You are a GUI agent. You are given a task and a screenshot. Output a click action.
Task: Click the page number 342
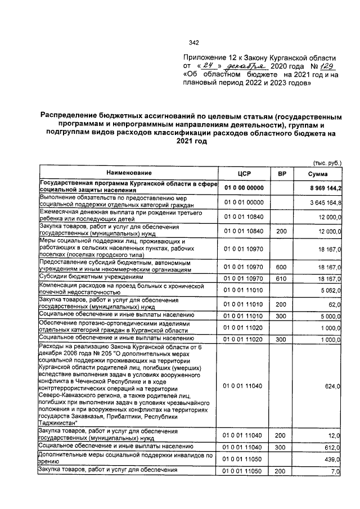(x=194, y=42)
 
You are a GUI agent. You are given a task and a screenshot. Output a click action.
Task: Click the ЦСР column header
(x=244, y=173)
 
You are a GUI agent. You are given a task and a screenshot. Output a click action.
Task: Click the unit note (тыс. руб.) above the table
(x=326, y=163)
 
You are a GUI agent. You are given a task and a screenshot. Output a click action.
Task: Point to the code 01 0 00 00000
(x=244, y=187)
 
